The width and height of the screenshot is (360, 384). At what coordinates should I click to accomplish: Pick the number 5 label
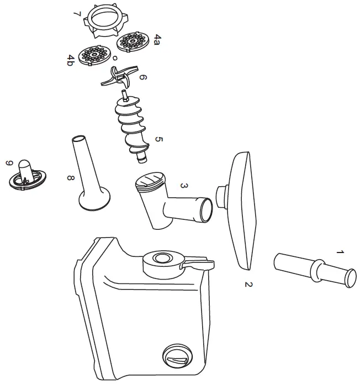(x=159, y=140)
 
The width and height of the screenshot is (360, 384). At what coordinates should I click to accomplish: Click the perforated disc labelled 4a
(x=132, y=42)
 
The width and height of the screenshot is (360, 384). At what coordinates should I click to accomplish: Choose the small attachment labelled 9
(x=27, y=173)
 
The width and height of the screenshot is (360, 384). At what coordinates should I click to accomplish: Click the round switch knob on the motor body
(x=176, y=359)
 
